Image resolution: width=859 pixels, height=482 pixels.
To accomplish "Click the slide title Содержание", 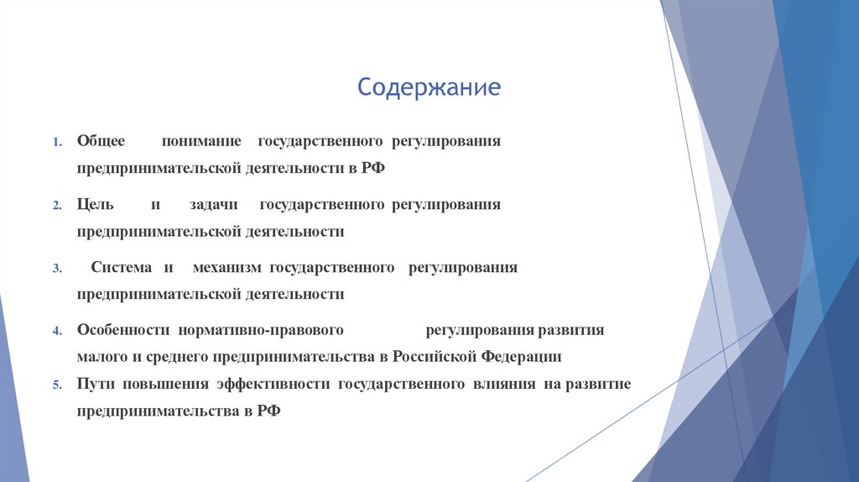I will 429,87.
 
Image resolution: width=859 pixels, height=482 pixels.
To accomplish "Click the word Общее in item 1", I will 101,141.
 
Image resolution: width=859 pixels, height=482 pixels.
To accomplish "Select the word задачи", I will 213,204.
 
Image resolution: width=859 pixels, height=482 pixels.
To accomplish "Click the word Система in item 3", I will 121,267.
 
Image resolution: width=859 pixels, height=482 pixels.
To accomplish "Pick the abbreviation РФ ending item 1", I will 373,167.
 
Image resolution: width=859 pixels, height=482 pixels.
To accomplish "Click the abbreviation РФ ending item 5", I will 268,411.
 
